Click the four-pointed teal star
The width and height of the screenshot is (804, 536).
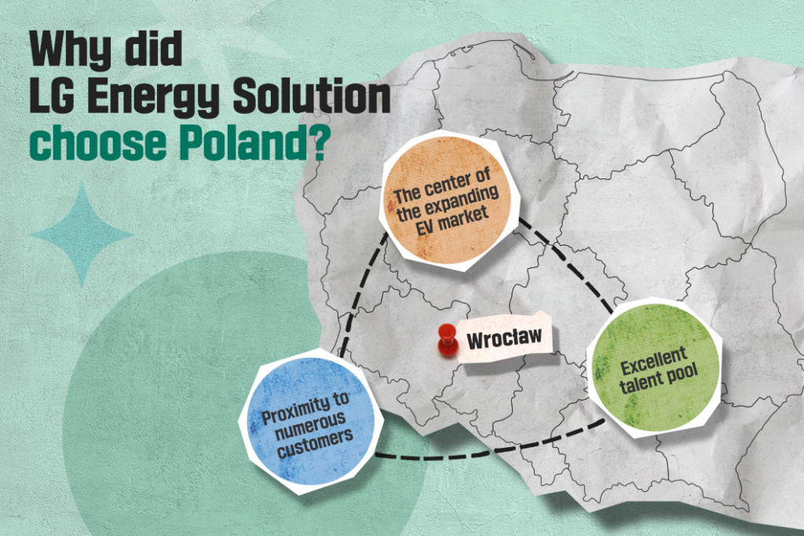tap(80, 233)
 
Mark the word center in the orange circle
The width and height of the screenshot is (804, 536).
tap(459, 183)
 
